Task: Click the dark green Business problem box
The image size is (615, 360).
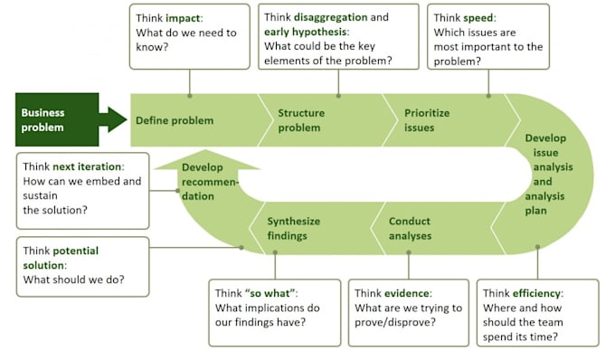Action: [x=50, y=119]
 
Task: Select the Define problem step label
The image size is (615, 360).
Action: [x=175, y=120]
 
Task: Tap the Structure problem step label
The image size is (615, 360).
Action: [x=299, y=120]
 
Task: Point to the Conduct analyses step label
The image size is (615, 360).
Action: [x=410, y=229]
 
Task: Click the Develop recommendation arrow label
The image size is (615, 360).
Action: [x=209, y=182]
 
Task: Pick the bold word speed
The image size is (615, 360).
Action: [x=479, y=18]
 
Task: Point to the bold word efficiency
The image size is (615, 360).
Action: [x=536, y=293]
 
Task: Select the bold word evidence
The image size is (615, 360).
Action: [x=405, y=293]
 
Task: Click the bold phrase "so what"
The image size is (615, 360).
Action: [x=274, y=293]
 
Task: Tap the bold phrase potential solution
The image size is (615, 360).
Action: [x=61, y=258]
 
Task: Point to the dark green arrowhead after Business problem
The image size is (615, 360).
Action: [x=116, y=119]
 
